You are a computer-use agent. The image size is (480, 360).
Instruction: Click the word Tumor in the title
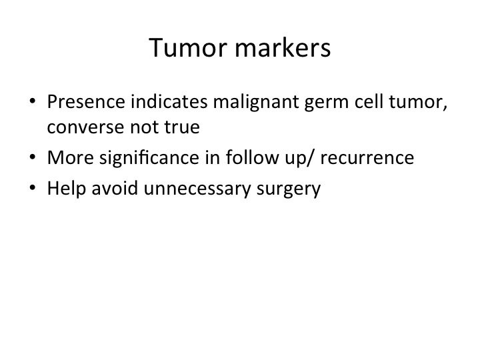(x=188, y=47)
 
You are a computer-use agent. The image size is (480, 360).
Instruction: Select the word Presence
(x=86, y=101)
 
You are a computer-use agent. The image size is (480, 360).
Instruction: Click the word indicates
(x=169, y=101)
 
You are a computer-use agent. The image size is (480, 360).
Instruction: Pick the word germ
(x=326, y=104)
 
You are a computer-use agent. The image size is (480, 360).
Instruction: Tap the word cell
(x=369, y=101)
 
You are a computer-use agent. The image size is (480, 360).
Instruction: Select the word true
(x=182, y=127)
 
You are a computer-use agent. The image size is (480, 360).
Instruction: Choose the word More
(x=71, y=157)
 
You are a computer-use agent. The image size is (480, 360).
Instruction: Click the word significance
(x=149, y=159)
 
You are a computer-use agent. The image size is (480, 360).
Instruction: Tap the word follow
(x=253, y=157)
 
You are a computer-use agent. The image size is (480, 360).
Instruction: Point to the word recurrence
(x=367, y=159)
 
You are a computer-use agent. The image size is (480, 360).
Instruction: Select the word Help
(x=67, y=189)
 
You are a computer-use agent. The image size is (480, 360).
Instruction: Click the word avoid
(x=115, y=188)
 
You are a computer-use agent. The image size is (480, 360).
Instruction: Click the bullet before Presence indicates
(x=33, y=101)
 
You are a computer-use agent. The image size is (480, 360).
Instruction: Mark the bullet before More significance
(x=33, y=157)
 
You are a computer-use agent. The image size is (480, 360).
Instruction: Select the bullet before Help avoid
(x=33, y=187)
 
